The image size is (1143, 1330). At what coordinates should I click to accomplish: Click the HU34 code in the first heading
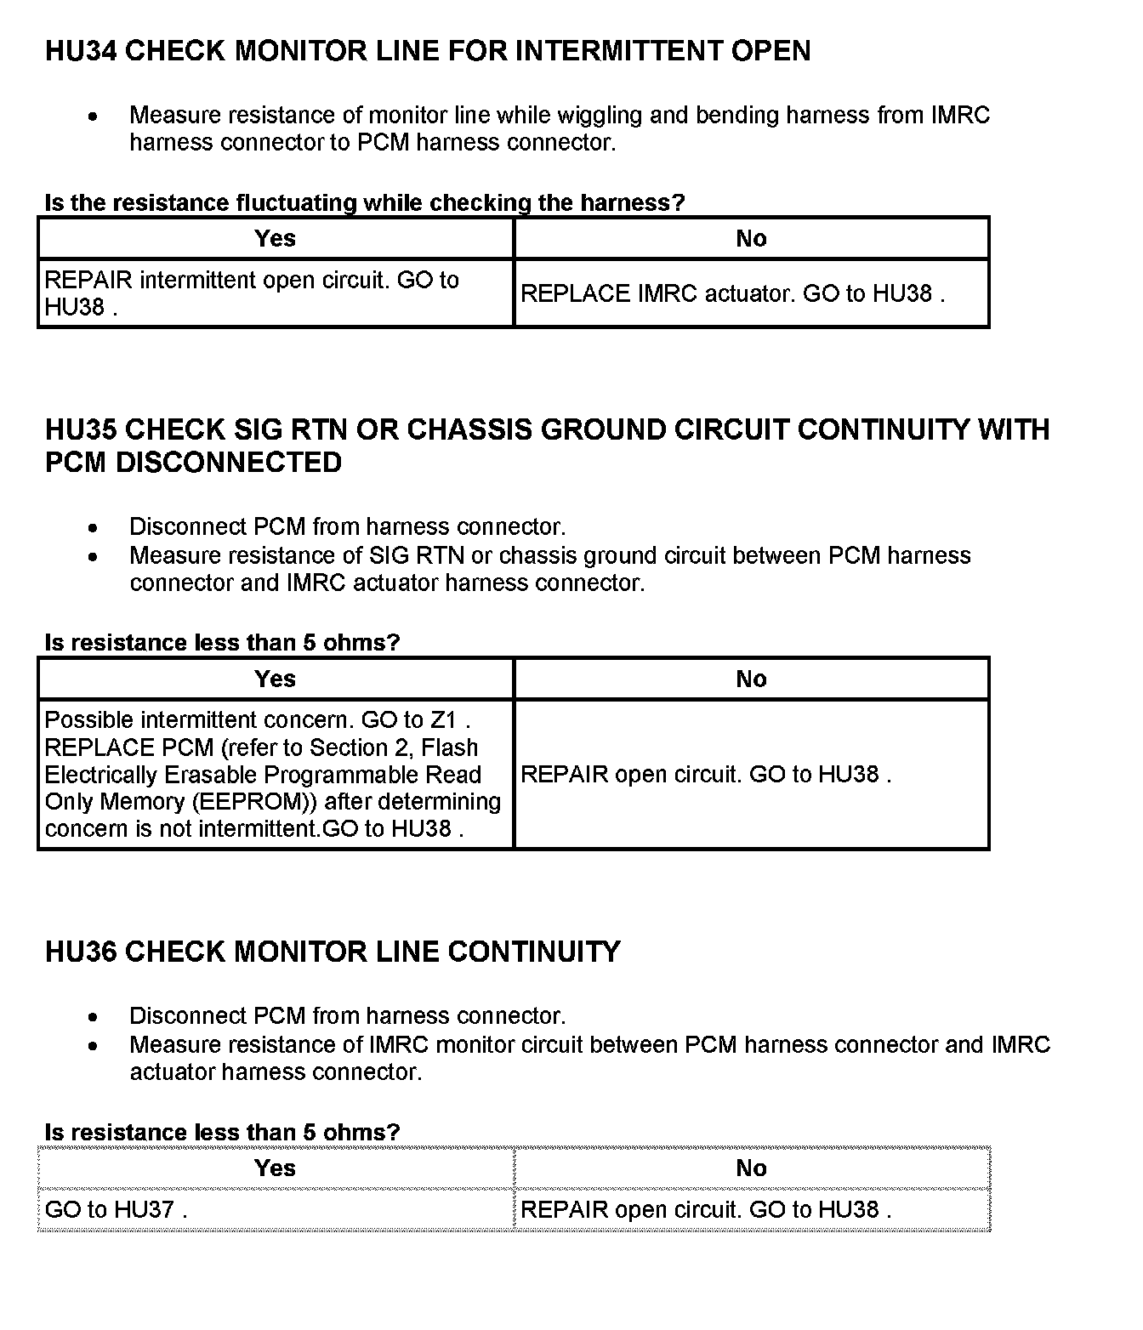(81, 51)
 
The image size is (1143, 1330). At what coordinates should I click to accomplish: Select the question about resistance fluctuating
(364, 203)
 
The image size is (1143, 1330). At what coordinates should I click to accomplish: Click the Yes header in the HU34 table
(275, 238)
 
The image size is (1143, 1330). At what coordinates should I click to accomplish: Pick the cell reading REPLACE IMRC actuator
(732, 294)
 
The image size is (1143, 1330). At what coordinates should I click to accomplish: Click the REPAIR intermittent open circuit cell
(252, 293)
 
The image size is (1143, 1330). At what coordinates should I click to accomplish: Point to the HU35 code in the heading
(81, 429)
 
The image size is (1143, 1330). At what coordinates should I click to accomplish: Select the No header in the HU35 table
(751, 679)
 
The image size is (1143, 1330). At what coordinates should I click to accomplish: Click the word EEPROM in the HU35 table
(255, 802)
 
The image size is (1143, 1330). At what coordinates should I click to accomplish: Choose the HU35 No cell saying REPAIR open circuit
(705, 775)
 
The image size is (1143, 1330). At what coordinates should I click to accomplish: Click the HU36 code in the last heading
(81, 952)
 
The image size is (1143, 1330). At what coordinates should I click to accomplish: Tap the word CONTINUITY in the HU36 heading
(533, 952)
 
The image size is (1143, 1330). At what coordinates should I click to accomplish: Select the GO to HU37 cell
(116, 1210)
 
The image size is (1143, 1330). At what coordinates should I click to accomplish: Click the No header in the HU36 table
(751, 1168)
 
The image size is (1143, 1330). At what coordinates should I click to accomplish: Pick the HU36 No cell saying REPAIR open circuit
(705, 1210)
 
